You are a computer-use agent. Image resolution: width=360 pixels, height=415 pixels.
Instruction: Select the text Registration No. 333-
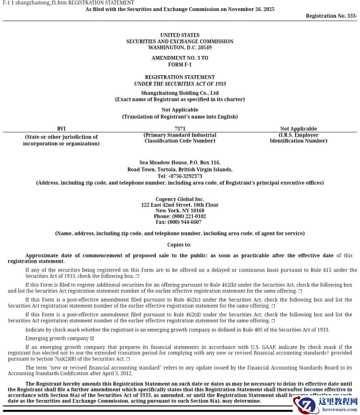[331, 16]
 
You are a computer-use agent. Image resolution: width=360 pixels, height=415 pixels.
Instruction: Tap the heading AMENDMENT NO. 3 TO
[180, 58]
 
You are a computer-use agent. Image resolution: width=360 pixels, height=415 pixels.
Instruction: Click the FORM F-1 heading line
[180, 65]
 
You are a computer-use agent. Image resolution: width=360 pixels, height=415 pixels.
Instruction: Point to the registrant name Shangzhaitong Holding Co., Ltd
[180, 93]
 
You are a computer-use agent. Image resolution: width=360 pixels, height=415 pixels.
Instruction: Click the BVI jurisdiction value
[61, 129]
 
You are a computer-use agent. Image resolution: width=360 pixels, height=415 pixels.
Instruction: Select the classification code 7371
[180, 129]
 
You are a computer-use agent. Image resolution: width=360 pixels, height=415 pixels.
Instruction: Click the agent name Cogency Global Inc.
[180, 199]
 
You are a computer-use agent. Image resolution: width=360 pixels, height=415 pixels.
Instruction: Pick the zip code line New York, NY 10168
[180, 211]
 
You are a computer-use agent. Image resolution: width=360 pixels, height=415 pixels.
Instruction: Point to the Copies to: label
[180, 245]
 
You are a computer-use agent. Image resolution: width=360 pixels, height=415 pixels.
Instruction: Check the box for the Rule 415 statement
[137, 277]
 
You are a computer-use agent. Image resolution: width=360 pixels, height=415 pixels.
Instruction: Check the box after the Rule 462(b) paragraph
[300, 291]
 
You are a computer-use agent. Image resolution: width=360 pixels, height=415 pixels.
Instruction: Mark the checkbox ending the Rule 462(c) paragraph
[273, 306]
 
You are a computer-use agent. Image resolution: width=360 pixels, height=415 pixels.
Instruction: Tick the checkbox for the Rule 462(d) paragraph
[273, 321]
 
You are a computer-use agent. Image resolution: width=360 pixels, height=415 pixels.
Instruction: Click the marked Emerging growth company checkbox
[92, 338]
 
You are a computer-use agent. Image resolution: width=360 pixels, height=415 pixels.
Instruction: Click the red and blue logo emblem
[305, 405]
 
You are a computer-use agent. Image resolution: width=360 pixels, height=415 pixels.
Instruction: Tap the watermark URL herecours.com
[339, 409]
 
